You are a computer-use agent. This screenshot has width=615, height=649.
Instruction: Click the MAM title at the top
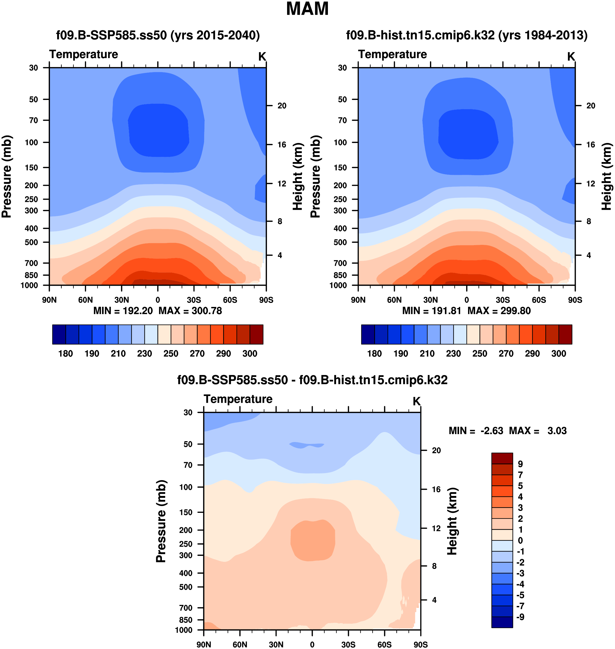tap(307, 9)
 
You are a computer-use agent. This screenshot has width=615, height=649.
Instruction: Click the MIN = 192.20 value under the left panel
tap(123, 311)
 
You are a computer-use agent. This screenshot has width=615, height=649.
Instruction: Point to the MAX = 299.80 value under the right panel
tap(499, 311)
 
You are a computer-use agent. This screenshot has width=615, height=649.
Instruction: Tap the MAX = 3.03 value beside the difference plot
tap(538, 431)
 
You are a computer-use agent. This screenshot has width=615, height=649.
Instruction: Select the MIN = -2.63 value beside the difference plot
tap(476, 431)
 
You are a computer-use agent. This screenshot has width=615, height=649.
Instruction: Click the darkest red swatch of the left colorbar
tap(256, 334)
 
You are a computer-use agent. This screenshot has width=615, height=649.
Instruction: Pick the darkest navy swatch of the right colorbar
tap(368, 334)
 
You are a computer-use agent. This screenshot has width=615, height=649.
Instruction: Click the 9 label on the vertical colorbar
tap(520, 464)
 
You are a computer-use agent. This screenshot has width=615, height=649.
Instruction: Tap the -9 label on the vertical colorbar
tap(520, 617)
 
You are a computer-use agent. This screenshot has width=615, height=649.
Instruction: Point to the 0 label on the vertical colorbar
tap(520, 540)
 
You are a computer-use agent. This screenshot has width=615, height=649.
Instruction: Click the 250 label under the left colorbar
tap(171, 354)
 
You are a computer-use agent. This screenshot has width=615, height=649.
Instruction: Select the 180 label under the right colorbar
tap(374, 354)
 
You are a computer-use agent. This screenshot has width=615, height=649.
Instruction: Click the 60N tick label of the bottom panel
tap(240, 644)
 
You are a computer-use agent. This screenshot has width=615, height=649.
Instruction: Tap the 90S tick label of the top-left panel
tap(266, 300)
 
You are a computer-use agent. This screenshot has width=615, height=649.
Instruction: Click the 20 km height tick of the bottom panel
tap(436, 450)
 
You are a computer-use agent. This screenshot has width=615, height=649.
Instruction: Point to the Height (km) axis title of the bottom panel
tap(452, 521)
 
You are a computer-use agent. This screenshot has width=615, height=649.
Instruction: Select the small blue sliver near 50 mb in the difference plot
tap(306, 445)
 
